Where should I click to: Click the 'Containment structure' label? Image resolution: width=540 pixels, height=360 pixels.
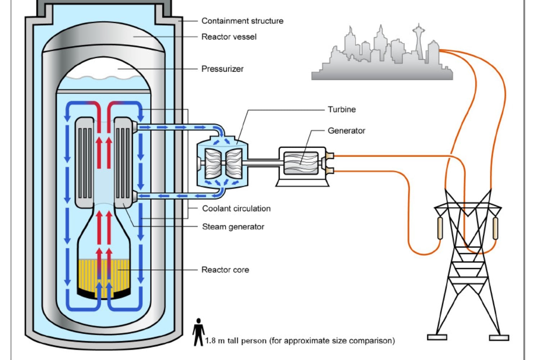(242, 21)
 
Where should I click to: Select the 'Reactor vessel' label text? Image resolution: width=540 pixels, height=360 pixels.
(229, 37)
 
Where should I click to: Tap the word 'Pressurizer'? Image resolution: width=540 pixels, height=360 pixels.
(222, 69)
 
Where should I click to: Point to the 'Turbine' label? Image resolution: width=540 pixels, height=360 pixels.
(342, 109)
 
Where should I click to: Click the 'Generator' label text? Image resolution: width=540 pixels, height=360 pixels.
(346, 131)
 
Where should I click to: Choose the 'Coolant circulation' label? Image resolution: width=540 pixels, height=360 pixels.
(236, 208)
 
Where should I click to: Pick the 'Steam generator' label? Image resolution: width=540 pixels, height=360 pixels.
(233, 227)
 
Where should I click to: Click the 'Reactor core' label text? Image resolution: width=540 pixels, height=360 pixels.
(225, 270)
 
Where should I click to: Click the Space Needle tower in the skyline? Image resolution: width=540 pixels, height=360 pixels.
(419, 40)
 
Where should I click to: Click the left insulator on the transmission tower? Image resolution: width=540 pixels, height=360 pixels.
(440, 228)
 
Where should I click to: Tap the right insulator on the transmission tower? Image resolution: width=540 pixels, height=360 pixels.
(495, 228)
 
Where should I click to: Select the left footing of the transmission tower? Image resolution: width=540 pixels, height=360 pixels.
(437, 337)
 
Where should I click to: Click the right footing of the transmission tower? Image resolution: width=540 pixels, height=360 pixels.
(499, 338)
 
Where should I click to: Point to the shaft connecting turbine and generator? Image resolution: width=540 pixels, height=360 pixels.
(263, 163)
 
